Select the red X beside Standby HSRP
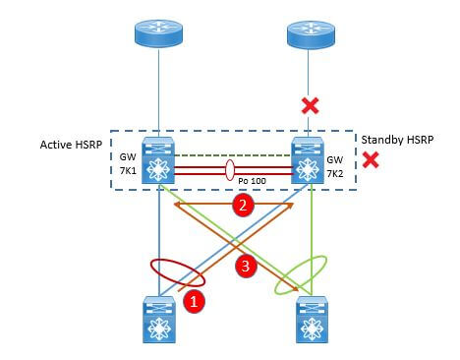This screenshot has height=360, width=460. tap(371, 158)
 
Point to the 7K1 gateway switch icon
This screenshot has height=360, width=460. tap(158, 163)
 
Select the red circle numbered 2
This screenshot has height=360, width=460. tap(239, 205)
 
